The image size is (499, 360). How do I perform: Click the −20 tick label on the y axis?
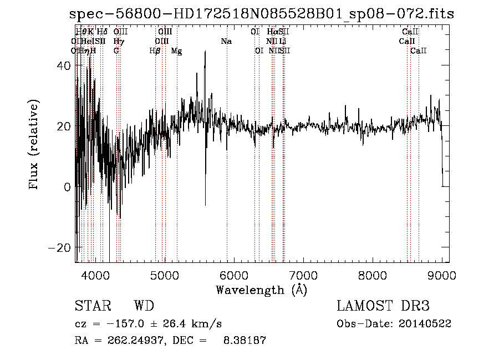[58, 247]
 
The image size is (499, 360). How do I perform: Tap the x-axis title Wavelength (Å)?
[261, 290]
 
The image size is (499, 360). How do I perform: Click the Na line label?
[226, 42]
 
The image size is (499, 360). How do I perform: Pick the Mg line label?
[176, 51]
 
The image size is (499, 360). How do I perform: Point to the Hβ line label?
[155, 51]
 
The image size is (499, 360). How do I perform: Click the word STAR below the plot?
[92, 306]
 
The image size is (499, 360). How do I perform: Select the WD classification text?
[144, 306]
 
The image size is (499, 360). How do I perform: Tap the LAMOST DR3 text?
[383, 306]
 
